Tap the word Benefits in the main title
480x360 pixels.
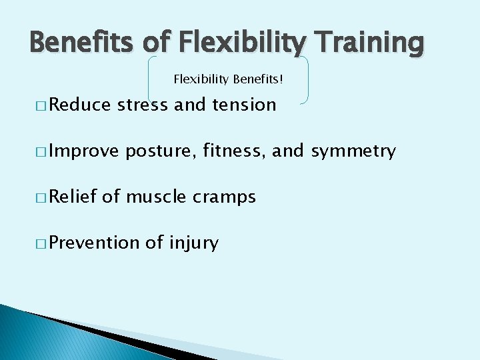pos(82,42)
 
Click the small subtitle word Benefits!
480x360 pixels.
pos(258,79)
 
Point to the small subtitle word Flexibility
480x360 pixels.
pos(201,79)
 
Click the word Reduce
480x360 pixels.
pos(79,105)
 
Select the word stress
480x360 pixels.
pos(142,105)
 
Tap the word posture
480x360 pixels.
pos(155,151)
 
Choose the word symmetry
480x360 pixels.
pos(353,151)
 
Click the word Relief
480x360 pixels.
pos(73,197)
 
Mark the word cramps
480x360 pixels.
pos(224,197)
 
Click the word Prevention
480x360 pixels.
pos(93,243)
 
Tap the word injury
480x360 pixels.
pos(193,243)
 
